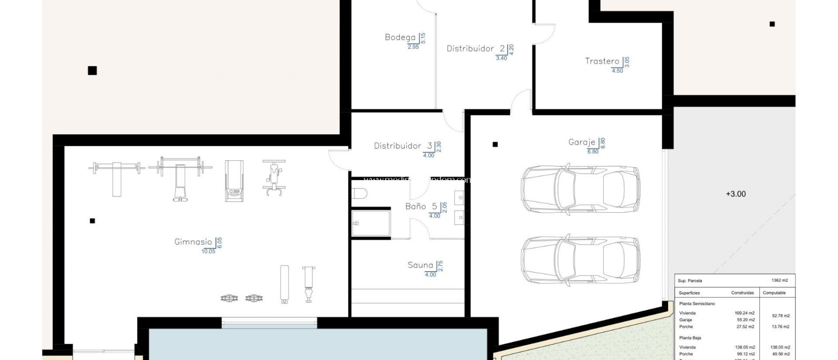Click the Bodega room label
[400, 37]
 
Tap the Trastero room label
[602, 61]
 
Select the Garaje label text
[581, 142]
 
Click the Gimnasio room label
[193, 242]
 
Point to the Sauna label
[420, 265]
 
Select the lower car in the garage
[580, 260]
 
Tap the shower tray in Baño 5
[371, 223]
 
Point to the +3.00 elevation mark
[736, 194]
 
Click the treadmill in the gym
[234, 180]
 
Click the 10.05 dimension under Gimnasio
[208, 252]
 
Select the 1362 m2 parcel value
[779, 281]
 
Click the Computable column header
[774, 293]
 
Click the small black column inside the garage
[495, 144]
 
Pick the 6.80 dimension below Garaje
[592, 152]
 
